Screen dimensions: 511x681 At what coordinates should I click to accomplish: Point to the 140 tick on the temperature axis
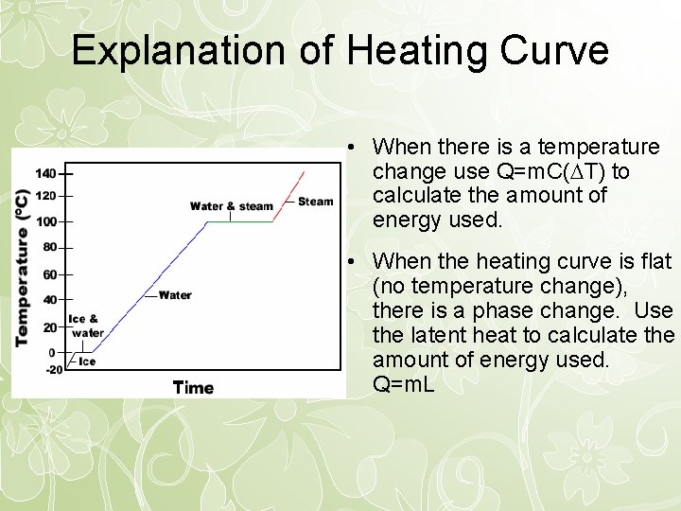[46, 174]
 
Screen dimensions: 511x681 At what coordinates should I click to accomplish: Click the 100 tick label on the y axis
[46, 221]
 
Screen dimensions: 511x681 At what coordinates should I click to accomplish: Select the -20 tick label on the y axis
[54, 370]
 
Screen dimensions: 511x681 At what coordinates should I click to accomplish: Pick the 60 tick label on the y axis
[50, 274]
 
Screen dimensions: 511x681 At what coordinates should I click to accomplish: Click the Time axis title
[193, 387]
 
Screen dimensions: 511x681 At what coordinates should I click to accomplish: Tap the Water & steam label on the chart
[231, 206]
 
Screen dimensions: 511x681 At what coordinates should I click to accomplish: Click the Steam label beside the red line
[315, 201]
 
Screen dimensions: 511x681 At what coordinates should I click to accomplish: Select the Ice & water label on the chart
[86, 326]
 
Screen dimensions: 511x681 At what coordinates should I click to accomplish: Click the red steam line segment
[289, 195]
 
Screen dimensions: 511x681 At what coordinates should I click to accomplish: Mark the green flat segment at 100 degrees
[239, 221]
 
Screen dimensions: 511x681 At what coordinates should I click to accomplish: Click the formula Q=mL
[404, 385]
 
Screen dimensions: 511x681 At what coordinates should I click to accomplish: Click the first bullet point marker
[350, 148]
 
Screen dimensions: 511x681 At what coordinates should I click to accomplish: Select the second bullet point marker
[350, 261]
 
